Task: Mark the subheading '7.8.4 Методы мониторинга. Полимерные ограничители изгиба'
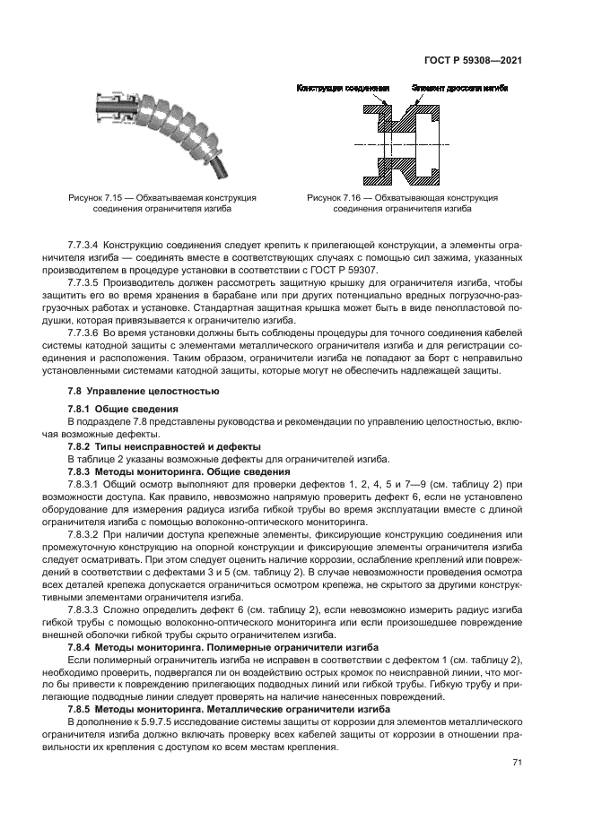[221, 645]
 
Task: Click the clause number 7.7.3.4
[88, 245]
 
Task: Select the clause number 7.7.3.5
[88, 281]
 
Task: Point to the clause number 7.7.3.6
[88, 332]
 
